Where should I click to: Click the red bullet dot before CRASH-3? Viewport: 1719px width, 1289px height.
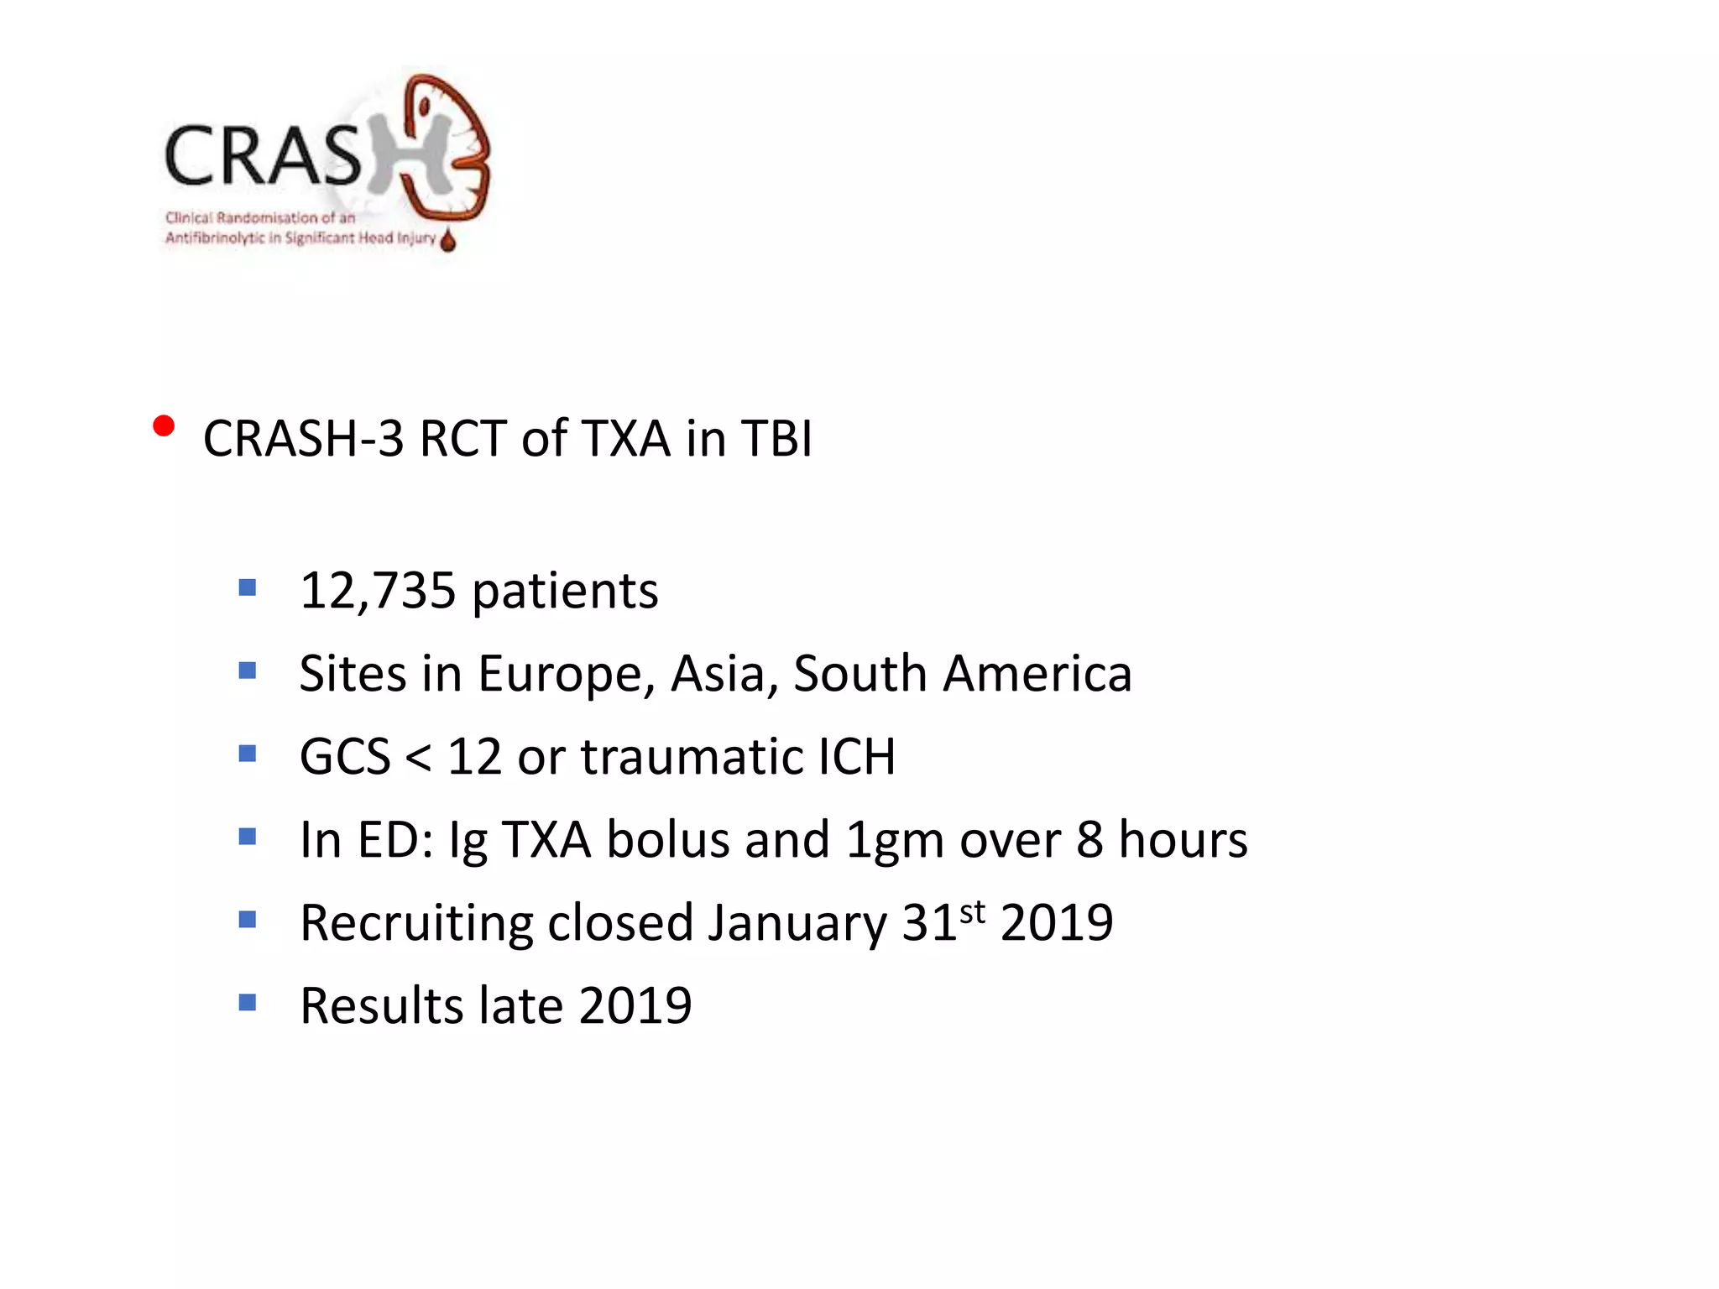pyautogui.click(x=164, y=426)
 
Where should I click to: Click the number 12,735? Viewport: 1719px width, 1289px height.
pyautogui.click(x=377, y=591)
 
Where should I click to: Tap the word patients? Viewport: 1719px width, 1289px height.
pyautogui.click(x=565, y=592)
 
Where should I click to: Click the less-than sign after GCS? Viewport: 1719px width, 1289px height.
pyautogui.click(x=418, y=758)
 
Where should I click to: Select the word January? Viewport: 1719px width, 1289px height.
pyautogui.click(x=797, y=923)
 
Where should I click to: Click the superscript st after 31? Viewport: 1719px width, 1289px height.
pyautogui.click(x=972, y=911)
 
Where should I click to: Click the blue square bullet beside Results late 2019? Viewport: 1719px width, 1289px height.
pyautogui.click(x=247, y=1002)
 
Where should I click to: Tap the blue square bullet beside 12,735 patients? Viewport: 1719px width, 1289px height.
pyautogui.click(x=247, y=587)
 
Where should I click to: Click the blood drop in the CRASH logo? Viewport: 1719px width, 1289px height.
pyautogui.click(x=448, y=240)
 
